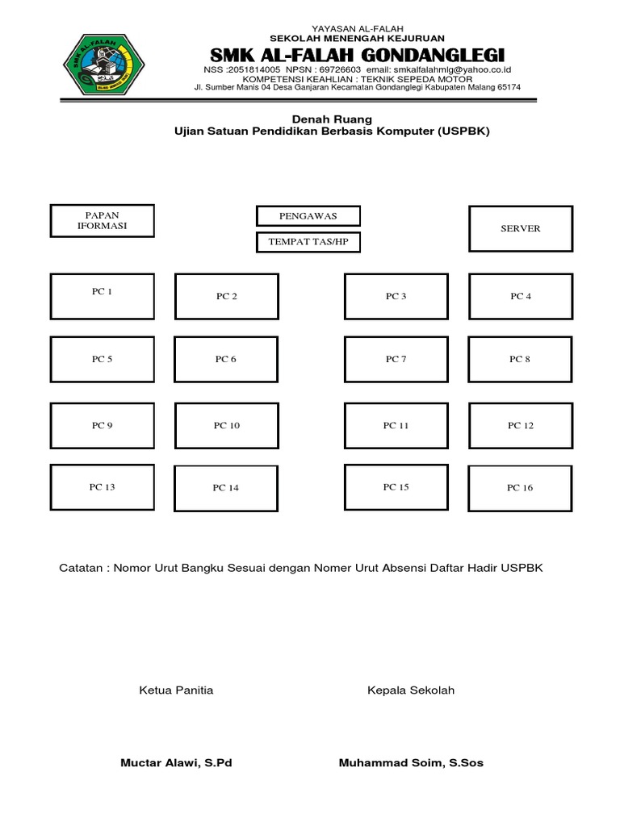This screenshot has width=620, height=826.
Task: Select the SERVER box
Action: (521, 228)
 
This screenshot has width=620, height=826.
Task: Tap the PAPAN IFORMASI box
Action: (102, 221)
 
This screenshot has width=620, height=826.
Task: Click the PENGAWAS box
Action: (308, 216)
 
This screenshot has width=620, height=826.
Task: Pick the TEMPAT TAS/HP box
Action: (308, 242)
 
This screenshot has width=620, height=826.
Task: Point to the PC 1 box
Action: (102, 296)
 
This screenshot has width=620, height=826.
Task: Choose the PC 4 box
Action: (521, 296)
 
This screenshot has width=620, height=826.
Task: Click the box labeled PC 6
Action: (226, 359)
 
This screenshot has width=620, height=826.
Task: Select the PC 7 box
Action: (396, 359)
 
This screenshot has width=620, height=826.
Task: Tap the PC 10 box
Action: (226, 425)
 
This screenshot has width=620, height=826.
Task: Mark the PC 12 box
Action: (521, 425)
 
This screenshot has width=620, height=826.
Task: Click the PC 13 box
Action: (102, 487)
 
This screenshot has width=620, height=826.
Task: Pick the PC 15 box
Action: (396, 487)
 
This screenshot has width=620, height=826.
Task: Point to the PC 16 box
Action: (521, 487)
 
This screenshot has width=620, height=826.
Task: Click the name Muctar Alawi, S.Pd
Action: (176, 763)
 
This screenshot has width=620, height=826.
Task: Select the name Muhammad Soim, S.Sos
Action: (411, 763)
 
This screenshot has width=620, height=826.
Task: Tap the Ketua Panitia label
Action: (176, 690)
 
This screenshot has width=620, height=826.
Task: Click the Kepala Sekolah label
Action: (411, 690)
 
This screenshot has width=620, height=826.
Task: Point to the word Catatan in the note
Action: (83, 569)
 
